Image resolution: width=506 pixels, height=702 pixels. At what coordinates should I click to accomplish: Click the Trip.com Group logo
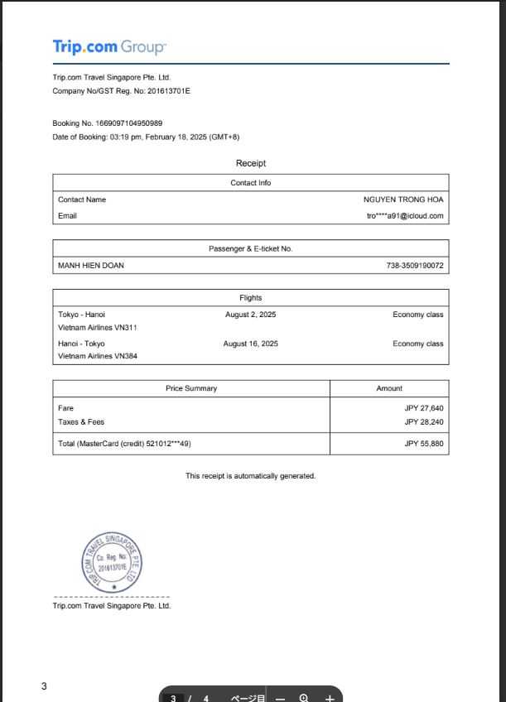click(109, 46)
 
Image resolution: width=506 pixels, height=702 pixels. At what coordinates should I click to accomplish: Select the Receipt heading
click(250, 163)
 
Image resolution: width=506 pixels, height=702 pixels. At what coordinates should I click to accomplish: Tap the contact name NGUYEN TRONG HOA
click(403, 200)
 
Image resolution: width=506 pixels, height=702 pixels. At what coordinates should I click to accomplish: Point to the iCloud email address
click(405, 216)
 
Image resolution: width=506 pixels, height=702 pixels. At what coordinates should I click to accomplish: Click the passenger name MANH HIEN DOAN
click(91, 266)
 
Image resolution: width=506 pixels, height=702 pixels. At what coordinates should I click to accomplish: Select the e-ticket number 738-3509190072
click(414, 266)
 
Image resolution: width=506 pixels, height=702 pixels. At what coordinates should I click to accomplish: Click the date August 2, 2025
click(250, 315)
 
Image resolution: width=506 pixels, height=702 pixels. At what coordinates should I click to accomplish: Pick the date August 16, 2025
click(250, 344)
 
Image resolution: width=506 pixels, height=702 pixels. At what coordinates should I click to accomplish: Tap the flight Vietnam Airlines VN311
click(98, 328)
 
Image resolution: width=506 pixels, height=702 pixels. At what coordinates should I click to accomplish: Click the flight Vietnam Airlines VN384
click(98, 357)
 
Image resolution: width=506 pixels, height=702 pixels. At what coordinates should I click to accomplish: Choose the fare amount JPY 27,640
click(424, 408)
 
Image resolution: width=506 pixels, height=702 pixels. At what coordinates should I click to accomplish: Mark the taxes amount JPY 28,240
click(424, 422)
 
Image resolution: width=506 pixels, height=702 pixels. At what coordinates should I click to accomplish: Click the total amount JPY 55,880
click(424, 444)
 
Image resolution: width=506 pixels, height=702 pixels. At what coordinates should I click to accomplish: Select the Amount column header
click(389, 388)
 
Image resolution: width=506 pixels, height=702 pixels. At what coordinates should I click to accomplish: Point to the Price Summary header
click(191, 388)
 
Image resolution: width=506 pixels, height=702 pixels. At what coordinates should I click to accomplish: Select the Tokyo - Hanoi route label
click(81, 315)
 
